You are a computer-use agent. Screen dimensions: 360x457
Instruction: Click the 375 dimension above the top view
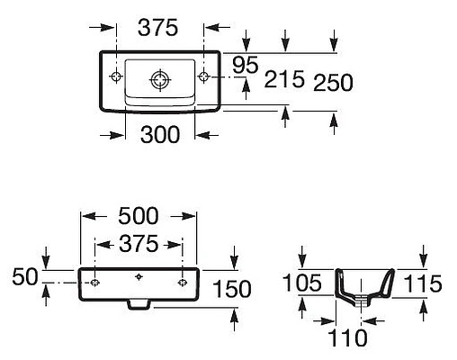point(158,28)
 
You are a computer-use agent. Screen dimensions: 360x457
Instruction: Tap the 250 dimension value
point(333,83)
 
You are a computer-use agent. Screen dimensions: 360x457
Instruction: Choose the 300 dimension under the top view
point(160,134)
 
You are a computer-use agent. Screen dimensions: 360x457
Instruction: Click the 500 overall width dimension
point(139,216)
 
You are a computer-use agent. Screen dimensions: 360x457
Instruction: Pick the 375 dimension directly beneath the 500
point(139,243)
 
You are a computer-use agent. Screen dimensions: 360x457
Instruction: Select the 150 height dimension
point(233,288)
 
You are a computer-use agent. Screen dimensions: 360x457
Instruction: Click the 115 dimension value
point(423,284)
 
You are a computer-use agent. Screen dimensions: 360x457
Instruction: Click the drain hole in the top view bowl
point(160,80)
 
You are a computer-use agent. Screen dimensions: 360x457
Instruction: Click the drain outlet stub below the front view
point(139,304)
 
